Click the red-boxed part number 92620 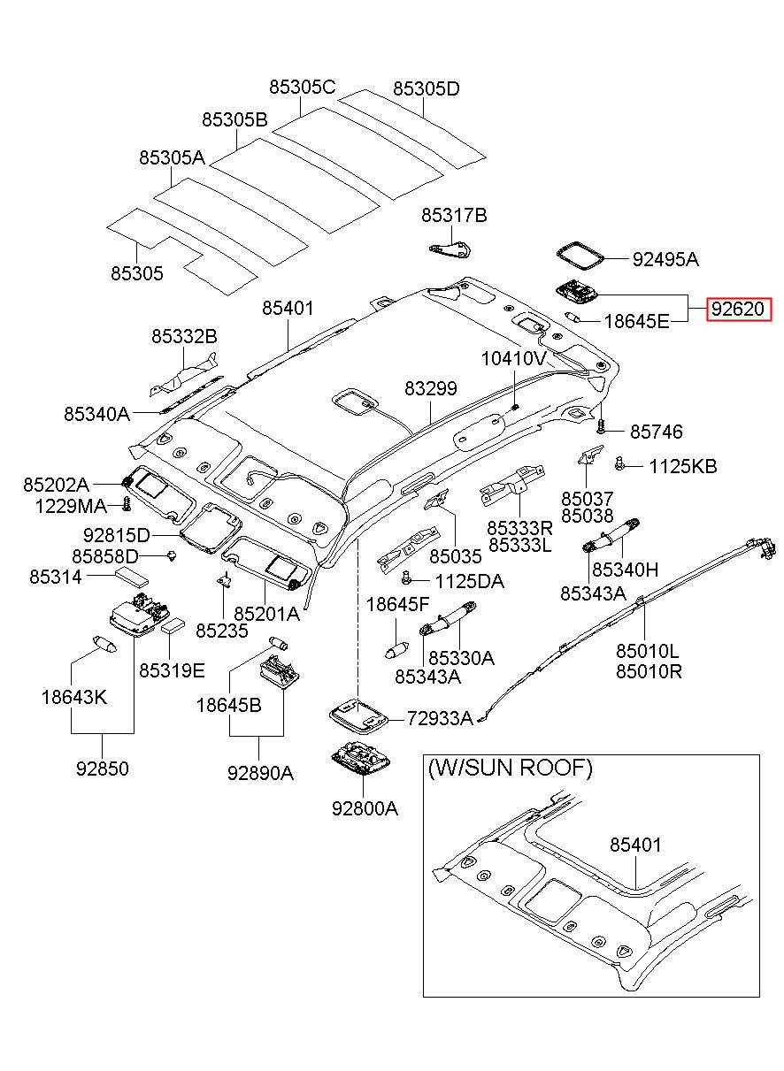pyautogui.click(x=740, y=309)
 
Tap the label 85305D pyautogui.click(x=426, y=89)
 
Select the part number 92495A pyautogui.click(x=665, y=260)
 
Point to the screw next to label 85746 pyautogui.click(x=602, y=423)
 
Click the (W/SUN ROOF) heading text pyautogui.click(x=510, y=769)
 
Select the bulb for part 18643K pyautogui.click(x=104, y=643)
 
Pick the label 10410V pyautogui.click(x=513, y=358)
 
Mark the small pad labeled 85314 pyautogui.click(x=132, y=578)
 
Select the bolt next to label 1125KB pyautogui.click(x=620, y=463)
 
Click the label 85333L pyautogui.click(x=519, y=545)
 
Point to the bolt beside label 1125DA pyautogui.click(x=407, y=577)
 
